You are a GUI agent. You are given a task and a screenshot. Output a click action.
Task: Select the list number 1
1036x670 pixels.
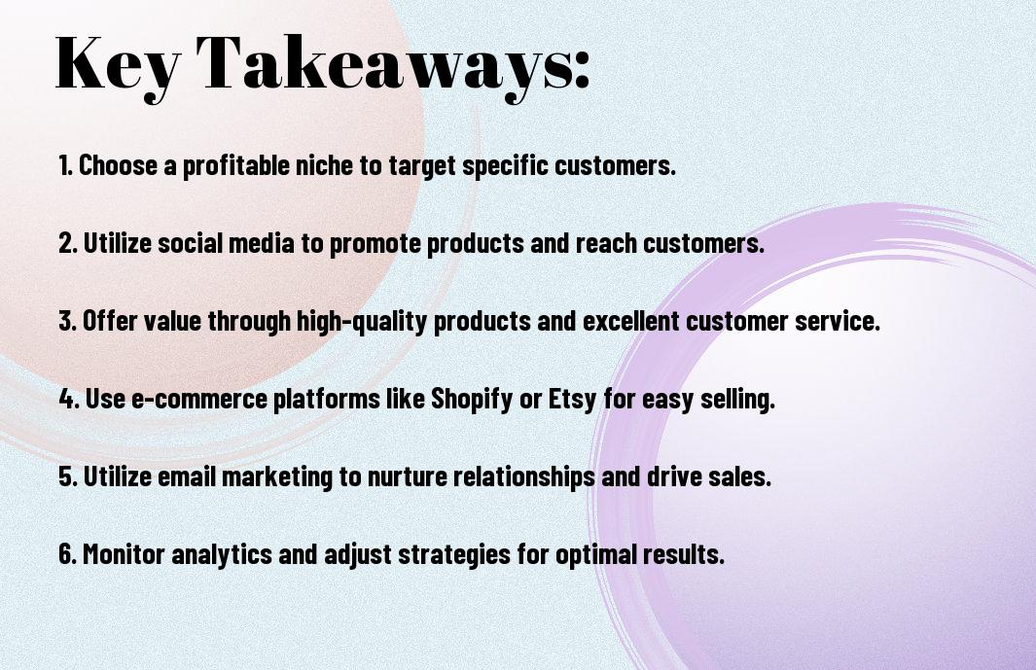tap(65, 165)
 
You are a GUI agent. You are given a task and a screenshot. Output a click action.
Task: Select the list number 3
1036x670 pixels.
tap(67, 321)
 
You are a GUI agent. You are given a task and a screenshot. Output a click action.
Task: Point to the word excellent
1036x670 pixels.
tap(630, 321)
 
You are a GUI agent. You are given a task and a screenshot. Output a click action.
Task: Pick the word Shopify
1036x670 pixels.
tap(472, 399)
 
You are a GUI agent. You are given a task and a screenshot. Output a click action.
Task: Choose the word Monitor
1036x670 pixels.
tap(124, 553)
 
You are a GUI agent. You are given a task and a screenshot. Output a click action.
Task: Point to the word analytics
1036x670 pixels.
tap(222, 554)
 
